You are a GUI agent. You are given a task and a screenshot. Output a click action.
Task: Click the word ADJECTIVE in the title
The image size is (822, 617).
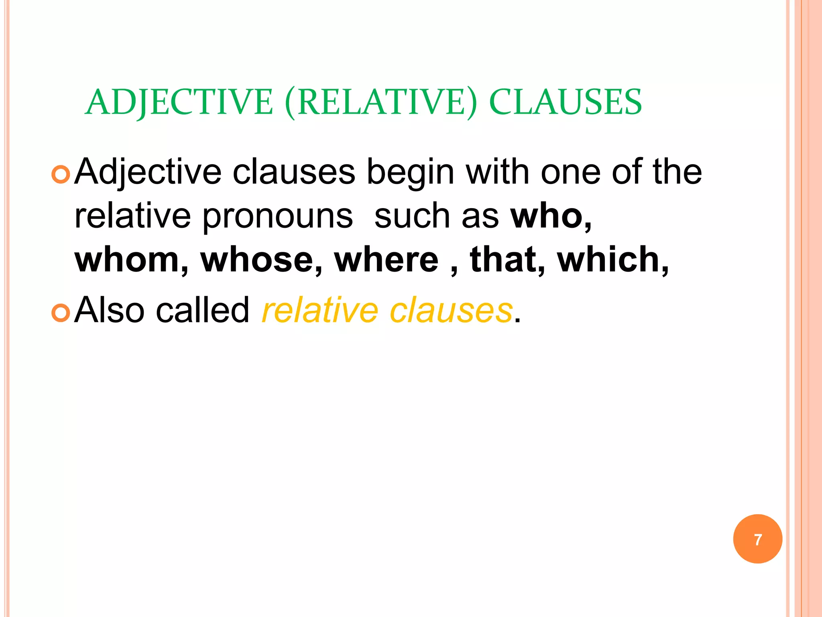tap(179, 102)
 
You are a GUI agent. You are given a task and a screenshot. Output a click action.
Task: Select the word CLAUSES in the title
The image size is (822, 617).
tap(566, 102)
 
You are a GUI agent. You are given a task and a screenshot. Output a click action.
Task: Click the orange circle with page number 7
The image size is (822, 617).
tap(757, 539)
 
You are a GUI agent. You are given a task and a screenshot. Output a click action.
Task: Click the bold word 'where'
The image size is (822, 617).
tap(387, 259)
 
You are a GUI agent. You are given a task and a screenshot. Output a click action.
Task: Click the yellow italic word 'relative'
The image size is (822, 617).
tap(320, 310)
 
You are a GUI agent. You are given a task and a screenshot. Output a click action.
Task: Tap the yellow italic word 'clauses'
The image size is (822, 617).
tap(451, 310)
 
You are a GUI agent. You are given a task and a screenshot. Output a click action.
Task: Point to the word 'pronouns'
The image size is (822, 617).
tap(277, 217)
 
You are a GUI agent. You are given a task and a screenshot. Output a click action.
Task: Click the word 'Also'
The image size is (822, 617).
tap(110, 310)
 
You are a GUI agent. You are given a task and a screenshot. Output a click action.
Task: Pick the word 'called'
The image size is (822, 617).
tap(203, 310)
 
